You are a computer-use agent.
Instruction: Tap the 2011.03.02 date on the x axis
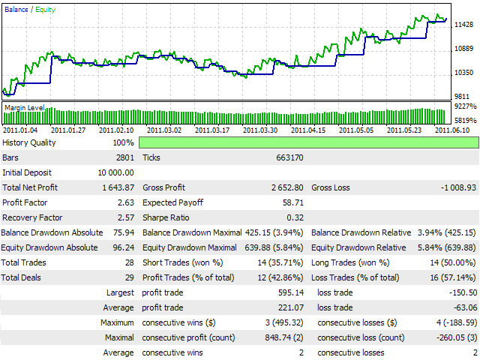[166, 130]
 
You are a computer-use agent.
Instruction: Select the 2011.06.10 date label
[453, 130]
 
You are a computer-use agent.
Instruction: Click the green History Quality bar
[307, 142]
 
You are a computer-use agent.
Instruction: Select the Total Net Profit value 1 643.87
[116, 187]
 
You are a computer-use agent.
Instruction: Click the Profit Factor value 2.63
[124, 202]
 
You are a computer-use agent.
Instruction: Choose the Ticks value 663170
[288, 157]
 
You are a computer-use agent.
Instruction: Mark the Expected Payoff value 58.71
[292, 202]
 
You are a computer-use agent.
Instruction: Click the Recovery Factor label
[31, 217]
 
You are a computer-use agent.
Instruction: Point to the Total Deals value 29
[129, 277]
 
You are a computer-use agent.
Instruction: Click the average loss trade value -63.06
[463, 307]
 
